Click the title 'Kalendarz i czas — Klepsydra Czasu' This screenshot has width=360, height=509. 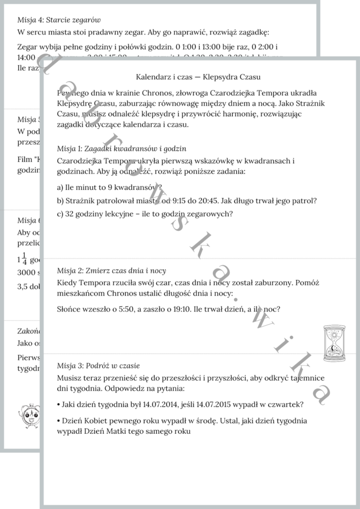[x=198, y=76]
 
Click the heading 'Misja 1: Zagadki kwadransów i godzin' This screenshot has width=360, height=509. [x=122, y=148]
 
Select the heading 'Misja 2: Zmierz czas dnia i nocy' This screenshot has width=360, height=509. [x=112, y=270]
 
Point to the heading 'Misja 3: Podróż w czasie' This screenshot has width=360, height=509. [x=98, y=365]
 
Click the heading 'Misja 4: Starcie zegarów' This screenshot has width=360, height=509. [x=54, y=19]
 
